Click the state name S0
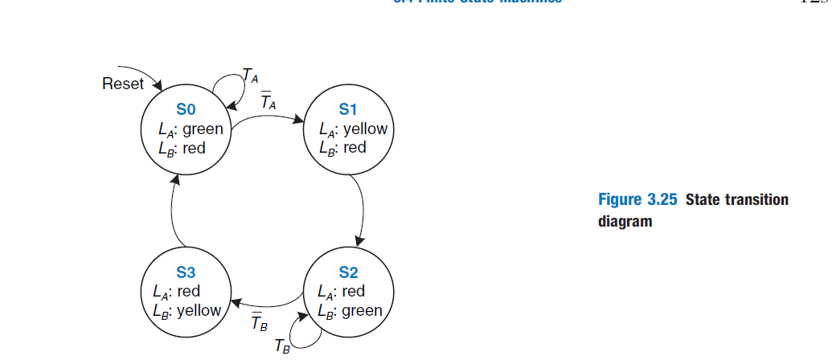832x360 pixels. (x=186, y=110)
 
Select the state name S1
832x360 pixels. (x=348, y=110)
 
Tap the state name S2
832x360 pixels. (x=348, y=274)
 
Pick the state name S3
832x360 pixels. (x=186, y=274)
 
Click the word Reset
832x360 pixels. (x=123, y=84)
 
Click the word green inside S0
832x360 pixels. (x=203, y=129)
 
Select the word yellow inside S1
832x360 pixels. (x=365, y=129)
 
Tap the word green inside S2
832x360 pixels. (x=362, y=310)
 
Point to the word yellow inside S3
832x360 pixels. (x=199, y=310)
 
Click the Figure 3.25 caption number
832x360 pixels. (x=640, y=200)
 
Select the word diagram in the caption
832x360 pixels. (x=625, y=221)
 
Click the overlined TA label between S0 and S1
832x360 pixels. (x=268, y=102)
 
